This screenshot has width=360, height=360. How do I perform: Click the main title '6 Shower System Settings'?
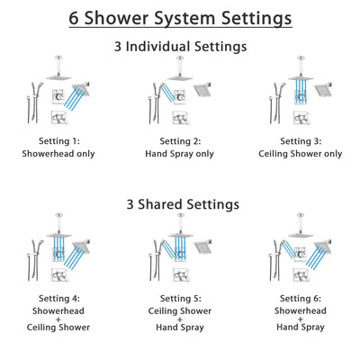180,18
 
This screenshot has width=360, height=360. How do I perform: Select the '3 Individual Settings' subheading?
180,46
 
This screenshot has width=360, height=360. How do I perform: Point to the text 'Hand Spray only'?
180,154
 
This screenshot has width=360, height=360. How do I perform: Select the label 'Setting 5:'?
180,300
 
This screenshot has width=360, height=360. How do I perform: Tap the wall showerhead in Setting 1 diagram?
84,89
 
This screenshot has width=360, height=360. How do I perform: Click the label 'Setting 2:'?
180,141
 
